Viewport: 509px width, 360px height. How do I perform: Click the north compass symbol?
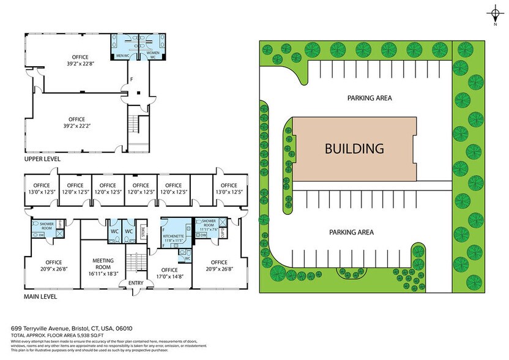coord(494,13)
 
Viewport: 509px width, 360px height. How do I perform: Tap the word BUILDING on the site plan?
coord(354,148)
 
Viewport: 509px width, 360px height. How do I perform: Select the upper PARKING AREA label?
coord(370,98)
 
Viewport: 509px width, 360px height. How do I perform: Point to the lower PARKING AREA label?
coord(351,232)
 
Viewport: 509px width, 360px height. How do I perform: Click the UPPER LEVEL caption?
coord(42,159)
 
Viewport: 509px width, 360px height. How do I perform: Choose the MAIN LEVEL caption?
coord(41,296)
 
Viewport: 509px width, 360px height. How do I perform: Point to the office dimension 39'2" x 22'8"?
coord(76,62)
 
